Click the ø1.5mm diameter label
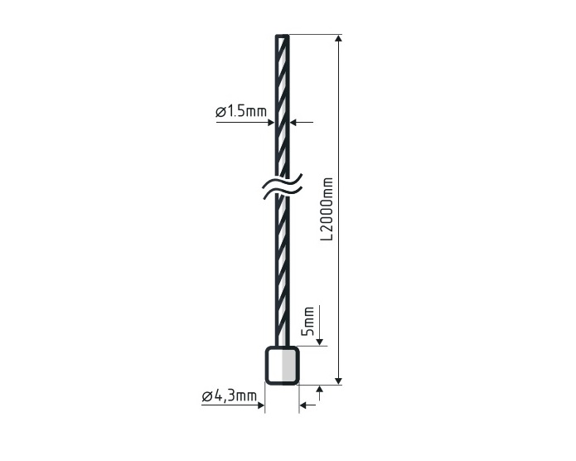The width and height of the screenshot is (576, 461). (x=241, y=111)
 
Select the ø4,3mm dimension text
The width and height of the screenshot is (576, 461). (x=230, y=396)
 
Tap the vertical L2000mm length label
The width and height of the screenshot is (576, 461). (x=327, y=209)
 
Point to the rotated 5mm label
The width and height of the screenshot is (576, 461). (x=307, y=321)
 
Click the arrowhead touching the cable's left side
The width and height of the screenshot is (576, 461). (x=272, y=123)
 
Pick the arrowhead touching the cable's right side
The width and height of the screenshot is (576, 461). (x=293, y=122)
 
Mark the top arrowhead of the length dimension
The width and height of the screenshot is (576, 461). (x=339, y=38)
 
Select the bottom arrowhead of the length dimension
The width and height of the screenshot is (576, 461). (x=339, y=381)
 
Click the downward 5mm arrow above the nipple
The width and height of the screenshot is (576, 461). (x=320, y=326)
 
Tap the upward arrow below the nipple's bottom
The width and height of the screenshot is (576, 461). (x=320, y=393)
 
